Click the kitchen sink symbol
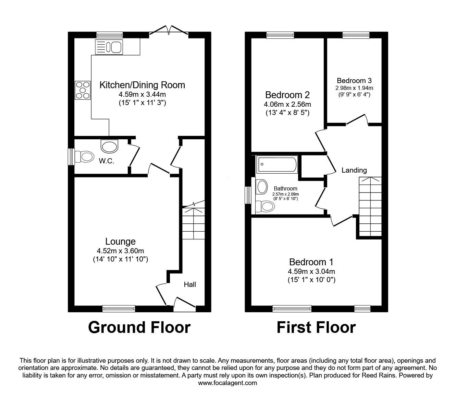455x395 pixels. [109, 47]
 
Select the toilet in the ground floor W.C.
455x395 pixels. [83, 157]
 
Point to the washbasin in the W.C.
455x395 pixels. [109, 146]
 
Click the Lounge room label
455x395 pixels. [120, 242]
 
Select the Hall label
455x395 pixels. [190, 284]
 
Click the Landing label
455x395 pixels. [354, 170]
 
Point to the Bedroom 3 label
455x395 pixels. [354, 81]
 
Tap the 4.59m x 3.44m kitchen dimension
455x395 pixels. [142, 94]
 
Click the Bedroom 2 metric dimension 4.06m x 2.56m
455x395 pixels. [287, 104]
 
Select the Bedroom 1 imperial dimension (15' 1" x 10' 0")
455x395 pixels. [311, 280]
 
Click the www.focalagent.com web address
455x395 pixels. [227, 383]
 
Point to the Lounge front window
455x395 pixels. [119, 309]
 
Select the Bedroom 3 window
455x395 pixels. [356, 35]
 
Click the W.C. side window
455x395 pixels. [71, 156]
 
